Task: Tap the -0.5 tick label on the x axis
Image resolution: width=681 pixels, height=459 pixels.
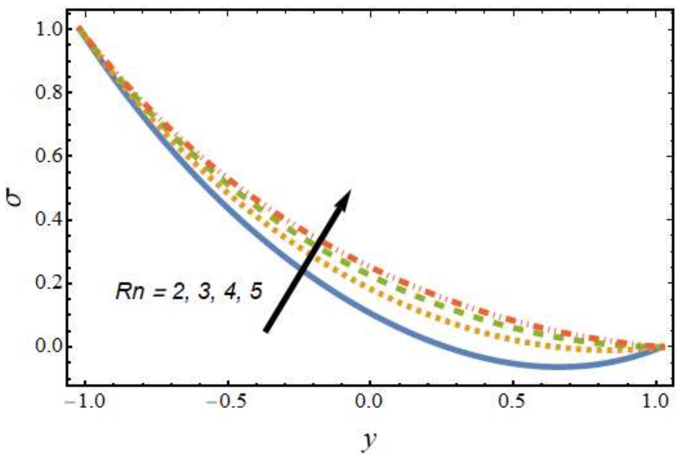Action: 227,402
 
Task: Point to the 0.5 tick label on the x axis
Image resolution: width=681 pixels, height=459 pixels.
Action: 513,402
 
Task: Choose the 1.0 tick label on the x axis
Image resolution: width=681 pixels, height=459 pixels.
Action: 656,402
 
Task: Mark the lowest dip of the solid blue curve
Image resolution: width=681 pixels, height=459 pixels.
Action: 553,367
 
